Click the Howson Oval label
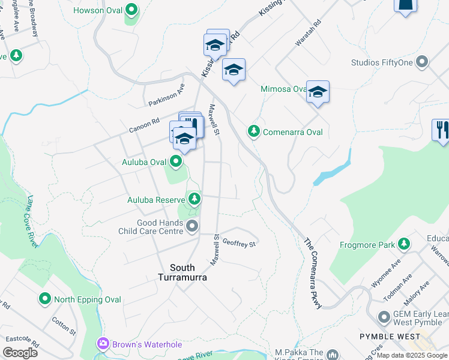(97, 10)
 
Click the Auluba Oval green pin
(176, 161)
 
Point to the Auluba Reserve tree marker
(193, 199)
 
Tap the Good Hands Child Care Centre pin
(192, 226)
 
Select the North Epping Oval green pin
(44, 298)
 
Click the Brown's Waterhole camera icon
(103, 344)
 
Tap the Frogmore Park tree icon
(405, 244)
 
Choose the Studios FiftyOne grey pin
(422, 62)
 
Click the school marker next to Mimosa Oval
(318, 92)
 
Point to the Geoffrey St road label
(239, 243)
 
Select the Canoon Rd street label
(143, 125)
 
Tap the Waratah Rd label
(308, 34)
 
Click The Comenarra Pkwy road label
(313, 274)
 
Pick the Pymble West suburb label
(390, 337)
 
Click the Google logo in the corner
(20, 352)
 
